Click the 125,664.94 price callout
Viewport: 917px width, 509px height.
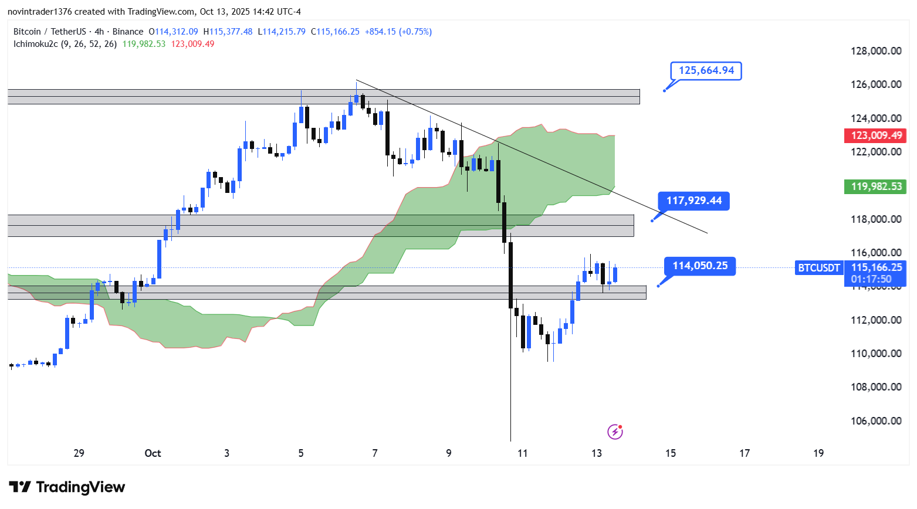706,71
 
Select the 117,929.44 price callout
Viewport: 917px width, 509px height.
694,201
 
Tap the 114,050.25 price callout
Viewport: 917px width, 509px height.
700,266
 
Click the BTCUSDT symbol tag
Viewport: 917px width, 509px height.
819,268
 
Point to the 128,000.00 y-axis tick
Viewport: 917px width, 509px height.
876,51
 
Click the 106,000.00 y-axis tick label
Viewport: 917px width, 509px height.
876,421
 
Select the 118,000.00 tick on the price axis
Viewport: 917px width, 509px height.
876,219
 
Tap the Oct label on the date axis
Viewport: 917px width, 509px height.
153,453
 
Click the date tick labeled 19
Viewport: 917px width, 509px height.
818,453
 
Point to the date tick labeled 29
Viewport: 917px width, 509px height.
79,453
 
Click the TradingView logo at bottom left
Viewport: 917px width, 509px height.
67,487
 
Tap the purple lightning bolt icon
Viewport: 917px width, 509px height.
615,432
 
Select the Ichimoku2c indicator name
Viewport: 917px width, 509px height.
36,44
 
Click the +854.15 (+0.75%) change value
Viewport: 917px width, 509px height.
398,32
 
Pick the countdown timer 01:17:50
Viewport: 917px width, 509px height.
871,279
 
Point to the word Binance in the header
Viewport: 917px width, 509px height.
128,32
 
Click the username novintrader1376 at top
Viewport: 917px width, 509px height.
40,12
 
